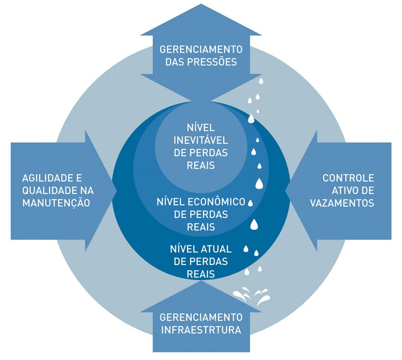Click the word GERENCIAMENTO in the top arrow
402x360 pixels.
pos(201,49)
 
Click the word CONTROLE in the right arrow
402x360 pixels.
pos(349,178)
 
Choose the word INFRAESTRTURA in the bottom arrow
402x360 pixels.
pos(201,329)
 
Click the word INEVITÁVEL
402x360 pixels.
pos(201,140)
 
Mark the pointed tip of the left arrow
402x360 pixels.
pos(116,191)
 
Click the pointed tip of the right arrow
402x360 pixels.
pos(286,191)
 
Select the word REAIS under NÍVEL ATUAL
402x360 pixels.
pos(201,273)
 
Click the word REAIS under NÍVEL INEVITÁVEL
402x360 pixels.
pos(201,165)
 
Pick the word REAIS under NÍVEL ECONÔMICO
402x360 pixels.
pos(201,227)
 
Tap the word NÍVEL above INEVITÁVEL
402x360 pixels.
pos(201,128)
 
